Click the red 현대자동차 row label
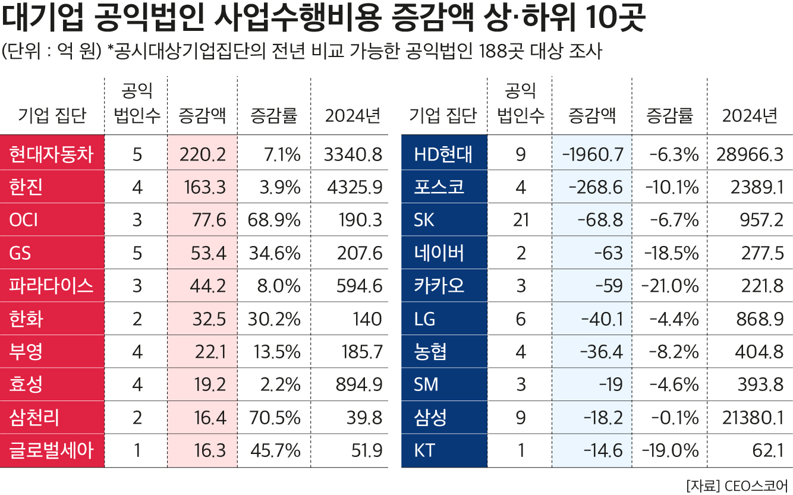(52, 155)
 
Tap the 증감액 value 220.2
(202, 155)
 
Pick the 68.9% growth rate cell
(273, 220)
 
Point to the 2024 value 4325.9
(354, 188)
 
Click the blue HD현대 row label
(443, 155)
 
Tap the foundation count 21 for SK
(521, 220)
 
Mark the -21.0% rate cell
(670, 286)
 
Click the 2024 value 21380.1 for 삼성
(750, 418)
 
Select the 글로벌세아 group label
(52, 451)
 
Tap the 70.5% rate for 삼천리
(273, 418)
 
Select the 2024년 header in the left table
(353, 115)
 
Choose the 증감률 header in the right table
(669, 115)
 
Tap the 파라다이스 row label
(52, 286)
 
